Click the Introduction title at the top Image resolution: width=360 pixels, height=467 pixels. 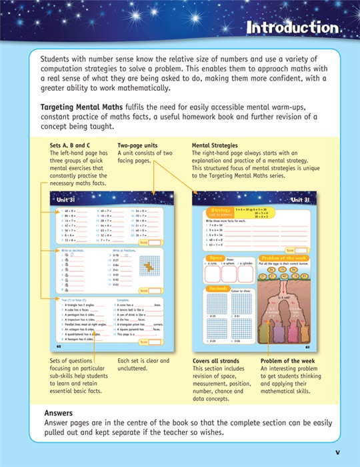(292, 28)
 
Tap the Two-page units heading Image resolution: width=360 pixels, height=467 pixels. (137, 145)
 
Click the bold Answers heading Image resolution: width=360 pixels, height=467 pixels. (58, 413)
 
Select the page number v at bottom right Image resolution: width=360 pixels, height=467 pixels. (337, 452)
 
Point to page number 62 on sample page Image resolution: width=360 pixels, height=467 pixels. (59, 347)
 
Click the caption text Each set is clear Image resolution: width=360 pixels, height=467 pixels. (141, 362)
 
